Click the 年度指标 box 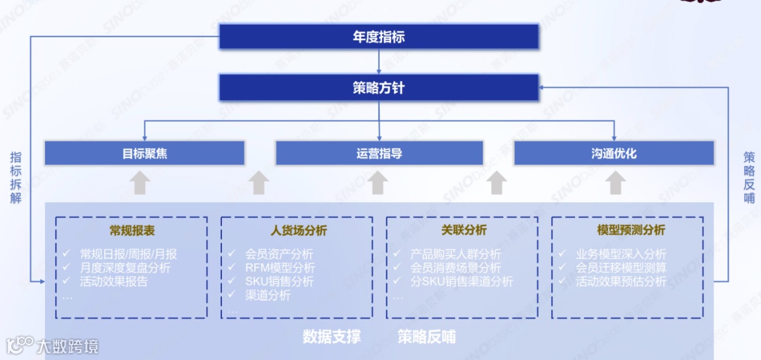(x=379, y=37)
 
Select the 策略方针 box (x=379, y=88)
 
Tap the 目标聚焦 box (x=144, y=153)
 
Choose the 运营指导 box (x=379, y=153)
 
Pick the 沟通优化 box (x=614, y=153)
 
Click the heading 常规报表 (x=132, y=230)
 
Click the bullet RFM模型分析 (x=280, y=268)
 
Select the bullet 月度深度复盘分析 (x=125, y=268)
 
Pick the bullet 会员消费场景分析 (x=455, y=268)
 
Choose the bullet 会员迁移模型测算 (x=620, y=268)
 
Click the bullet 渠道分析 (x=267, y=295)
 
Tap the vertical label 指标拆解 (x=16, y=178)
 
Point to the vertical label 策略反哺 (x=749, y=178)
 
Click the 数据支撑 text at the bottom (x=331, y=337)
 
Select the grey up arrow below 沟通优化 (x=616, y=182)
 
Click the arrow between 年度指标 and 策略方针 (x=379, y=62)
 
